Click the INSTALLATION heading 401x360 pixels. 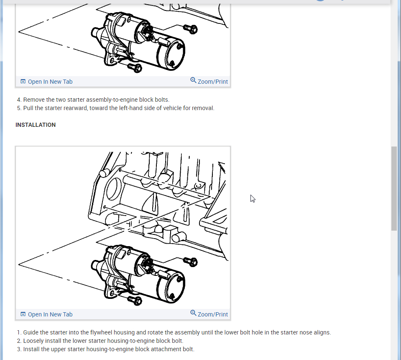pyautogui.click(x=36, y=125)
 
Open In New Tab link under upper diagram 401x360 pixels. pyautogui.click(x=46, y=82)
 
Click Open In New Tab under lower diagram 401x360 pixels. pyautogui.click(x=46, y=314)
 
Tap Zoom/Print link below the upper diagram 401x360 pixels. pyautogui.click(x=209, y=82)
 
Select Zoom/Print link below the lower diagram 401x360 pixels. pyautogui.click(x=209, y=314)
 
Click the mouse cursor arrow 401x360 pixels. pyautogui.click(x=253, y=199)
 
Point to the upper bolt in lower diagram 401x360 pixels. pyautogui.click(x=191, y=262)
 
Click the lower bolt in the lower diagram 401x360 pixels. pyautogui.click(x=135, y=300)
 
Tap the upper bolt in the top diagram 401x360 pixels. pyautogui.click(x=191, y=29)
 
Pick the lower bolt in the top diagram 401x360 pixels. pyautogui.click(x=135, y=67)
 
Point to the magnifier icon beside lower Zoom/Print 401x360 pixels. pyautogui.click(x=193, y=313)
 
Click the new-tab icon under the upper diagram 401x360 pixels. pyautogui.click(x=23, y=82)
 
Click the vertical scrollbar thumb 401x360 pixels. pyautogui.click(x=394, y=188)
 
